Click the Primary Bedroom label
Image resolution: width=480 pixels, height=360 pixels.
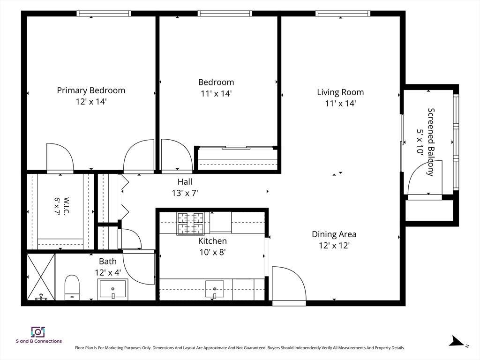click(91, 90)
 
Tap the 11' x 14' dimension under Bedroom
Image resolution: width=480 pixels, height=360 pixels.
click(216, 93)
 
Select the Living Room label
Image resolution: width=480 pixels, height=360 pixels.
click(340, 92)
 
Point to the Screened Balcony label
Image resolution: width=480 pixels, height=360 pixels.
click(431, 142)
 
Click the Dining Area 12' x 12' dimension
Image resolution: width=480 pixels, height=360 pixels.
click(334, 246)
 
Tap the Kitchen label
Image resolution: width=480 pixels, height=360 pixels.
click(212, 241)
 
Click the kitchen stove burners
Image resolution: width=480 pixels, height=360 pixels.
click(190, 224)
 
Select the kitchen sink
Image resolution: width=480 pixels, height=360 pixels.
click(215, 289)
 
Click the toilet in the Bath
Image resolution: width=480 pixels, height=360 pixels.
click(72, 287)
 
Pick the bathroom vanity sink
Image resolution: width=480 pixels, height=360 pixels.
click(112, 288)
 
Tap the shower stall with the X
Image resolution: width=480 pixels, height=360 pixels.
click(41, 277)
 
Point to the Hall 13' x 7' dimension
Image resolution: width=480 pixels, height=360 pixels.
click(185, 193)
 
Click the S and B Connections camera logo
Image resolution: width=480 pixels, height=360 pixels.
click(38, 332)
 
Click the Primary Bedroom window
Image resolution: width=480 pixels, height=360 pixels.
click(104, 14)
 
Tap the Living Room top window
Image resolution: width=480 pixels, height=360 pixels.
click(343, 14)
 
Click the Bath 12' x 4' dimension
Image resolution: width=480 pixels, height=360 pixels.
click(108, 272)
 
